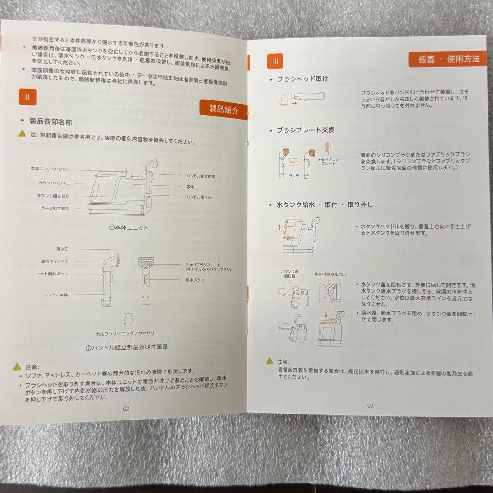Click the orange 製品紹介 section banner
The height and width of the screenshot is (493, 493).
[224, 110]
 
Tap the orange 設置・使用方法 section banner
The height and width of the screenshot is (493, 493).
[449, 59]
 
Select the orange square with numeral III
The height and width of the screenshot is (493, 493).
[275, 61]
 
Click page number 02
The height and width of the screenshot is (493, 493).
[126, 409]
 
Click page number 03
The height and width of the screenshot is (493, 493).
[370, 405]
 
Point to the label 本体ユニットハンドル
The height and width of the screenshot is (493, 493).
[50, 169]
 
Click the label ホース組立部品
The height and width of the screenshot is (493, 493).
[53, 208]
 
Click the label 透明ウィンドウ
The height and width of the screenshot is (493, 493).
[55, 262]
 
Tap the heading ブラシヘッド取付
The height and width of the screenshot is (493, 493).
[302, 79]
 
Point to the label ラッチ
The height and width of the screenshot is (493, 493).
[294, 175]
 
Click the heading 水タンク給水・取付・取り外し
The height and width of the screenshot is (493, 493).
[325, 205]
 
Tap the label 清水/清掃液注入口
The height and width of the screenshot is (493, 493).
[330, 274]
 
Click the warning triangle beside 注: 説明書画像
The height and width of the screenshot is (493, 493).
[22, 134]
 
